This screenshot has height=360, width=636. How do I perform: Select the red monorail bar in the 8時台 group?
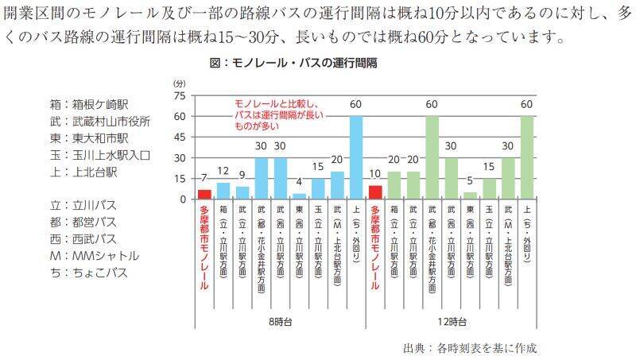coord(204,194)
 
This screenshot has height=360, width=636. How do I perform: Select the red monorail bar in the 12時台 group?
coord(375,192)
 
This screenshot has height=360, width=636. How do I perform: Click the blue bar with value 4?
coord(299,195)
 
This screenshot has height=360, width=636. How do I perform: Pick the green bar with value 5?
coord(470,195)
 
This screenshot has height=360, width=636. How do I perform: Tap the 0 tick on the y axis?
coord(183,199)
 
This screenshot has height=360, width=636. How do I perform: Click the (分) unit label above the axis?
coord(179,83)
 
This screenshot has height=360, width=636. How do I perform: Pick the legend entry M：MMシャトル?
coord(94,256)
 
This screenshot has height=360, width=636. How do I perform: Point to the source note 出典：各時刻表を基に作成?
coord(470,347)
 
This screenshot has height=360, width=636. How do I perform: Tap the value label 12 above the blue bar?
coord(223,170)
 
